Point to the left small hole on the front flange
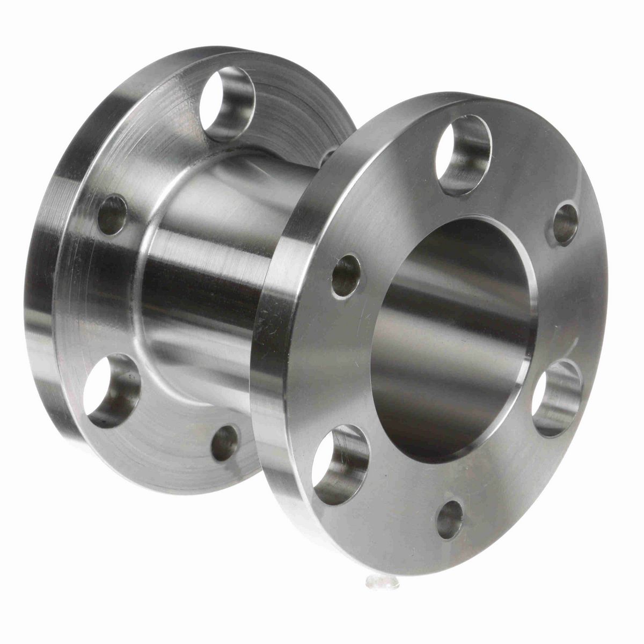[346, 275]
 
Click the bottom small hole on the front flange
[450, 519]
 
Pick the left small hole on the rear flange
[112, 215]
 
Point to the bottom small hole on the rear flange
[224, 442]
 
